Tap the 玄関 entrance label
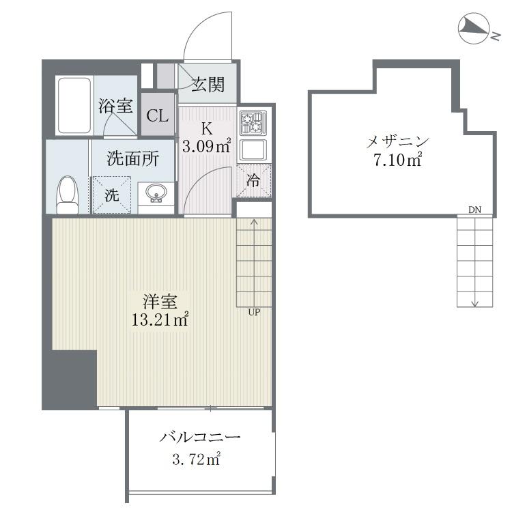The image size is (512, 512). click(x=208, y=84)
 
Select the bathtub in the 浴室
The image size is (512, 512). click(x=74, y=106)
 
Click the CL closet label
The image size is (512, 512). click(x=158, y=115)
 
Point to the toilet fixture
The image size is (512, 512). click(x=68, y=195)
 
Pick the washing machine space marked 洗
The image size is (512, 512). click(x=112, y=195)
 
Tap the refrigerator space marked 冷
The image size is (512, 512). click(x=254, y=181)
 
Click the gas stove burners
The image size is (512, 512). click(x=253, y=123)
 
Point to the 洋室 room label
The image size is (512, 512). click(x=160, y=301)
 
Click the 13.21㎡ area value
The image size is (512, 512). click(x=160, y=319)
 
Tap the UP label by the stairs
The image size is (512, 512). click(x=254, y=312)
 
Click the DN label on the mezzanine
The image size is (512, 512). click(x=474, y=210)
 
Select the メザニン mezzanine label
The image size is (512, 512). click(x=398, y=142)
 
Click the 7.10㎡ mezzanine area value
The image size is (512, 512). click(x=398, y=160)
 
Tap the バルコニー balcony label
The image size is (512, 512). click(x=200, y=437)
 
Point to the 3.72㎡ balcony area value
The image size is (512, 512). click(x=197, y=459)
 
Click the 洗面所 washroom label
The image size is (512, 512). click(x=133, y=158)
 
